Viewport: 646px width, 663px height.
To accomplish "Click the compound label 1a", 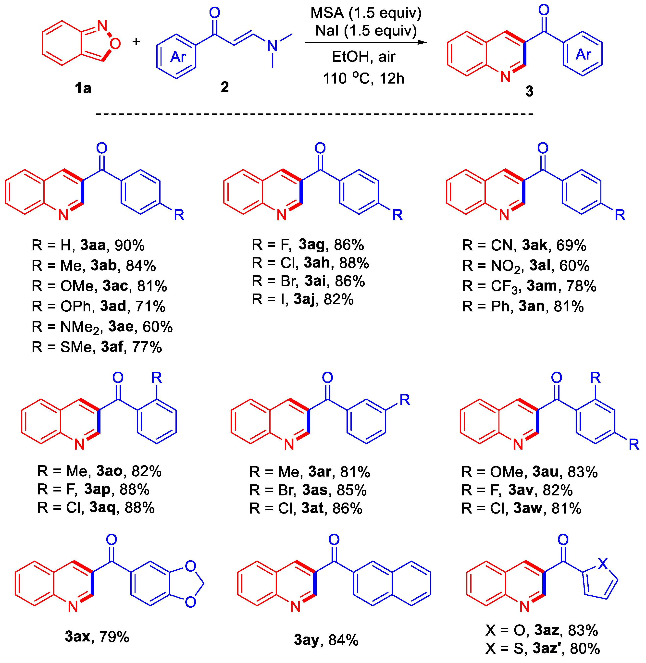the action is pyautogui.click(x=83, y=88).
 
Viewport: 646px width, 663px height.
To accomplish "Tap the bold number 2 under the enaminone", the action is pyautogui.click(x=225, y=87).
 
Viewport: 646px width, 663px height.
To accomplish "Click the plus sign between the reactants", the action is pyautogui.click(x=136, y=42).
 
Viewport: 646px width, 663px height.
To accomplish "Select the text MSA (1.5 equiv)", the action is pyautogui.click(x=366, y=13).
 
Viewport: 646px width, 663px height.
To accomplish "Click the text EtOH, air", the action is pyautogui.click(x=363, y=57).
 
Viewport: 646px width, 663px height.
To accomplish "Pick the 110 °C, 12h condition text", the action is pyautogui.click(x=363, y=78).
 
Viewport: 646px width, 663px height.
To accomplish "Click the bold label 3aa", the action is pyautogui.click(x=93, y=245).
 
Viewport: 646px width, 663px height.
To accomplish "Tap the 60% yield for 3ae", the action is pyautogui.click(x=157, y=327).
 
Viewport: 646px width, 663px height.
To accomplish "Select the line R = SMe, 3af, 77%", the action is pyautogui.click(x=97, y=347).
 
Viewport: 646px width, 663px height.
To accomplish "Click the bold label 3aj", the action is pyautogui.click(x=304, y=299).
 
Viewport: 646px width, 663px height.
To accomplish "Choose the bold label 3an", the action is pyautogui.click(x=531, y=306).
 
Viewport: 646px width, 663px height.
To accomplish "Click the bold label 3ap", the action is pyautogui.click(x=97, y=489).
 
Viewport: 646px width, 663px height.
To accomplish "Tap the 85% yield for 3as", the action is pyautogui.click(x=351, y=490).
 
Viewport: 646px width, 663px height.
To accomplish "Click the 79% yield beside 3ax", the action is pyautogui.click(x=114, y=637).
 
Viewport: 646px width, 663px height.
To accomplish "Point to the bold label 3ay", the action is pyautogui.click(x=306, y=640).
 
